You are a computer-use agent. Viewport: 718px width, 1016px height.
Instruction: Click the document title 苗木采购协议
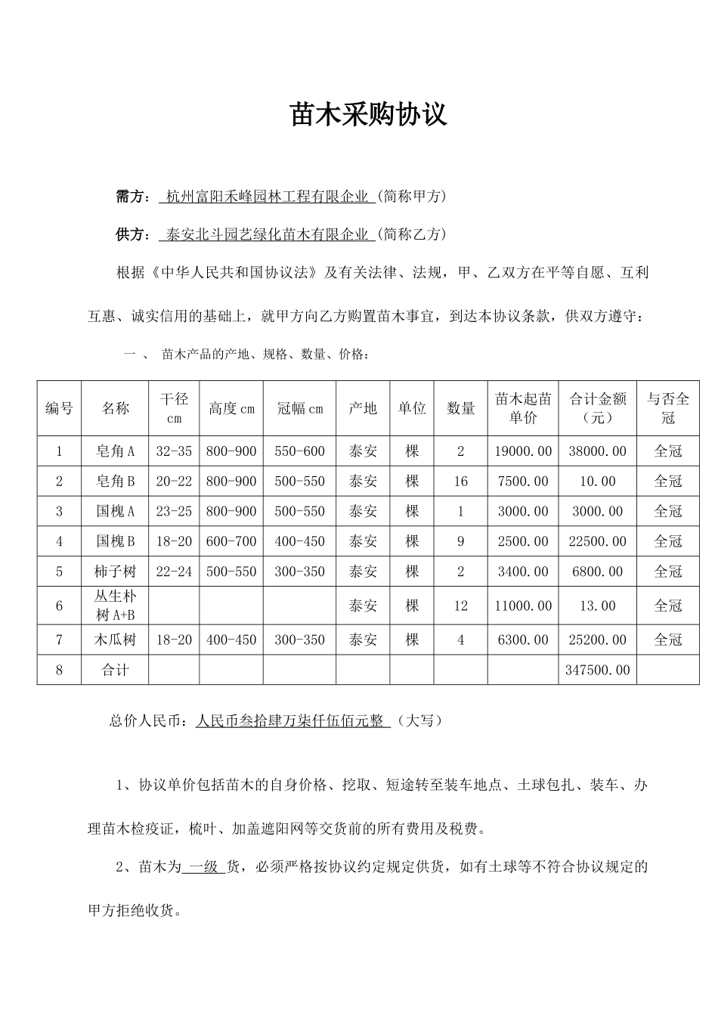click(x=369, y=114)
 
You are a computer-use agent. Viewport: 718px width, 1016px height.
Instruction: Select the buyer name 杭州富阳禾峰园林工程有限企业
click(x=267, y=197)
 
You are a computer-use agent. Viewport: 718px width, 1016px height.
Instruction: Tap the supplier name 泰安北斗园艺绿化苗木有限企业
click(x=267, y=234)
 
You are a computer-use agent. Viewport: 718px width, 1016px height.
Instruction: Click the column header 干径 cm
click(x=174, y=407)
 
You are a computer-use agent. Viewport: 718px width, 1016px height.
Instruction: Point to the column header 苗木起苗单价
click(x=523, y=407)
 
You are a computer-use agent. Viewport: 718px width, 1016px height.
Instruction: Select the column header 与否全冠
click(x=667, y=407)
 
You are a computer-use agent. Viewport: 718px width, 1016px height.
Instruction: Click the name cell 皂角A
click(x=115, y=451)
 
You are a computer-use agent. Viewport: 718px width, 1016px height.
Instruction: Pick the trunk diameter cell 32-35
click(x=174, y=451)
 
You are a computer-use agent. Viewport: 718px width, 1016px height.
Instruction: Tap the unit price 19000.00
click(x=523, y=451)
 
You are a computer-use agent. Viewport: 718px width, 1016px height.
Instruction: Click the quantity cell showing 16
click(x=461, y=482)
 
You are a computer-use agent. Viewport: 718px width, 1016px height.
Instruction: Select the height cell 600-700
click(x=231, y=541)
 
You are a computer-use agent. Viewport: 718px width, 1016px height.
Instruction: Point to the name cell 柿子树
click(x=115, y=571)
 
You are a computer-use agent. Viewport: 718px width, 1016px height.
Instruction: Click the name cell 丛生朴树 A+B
click(x=115, y=606)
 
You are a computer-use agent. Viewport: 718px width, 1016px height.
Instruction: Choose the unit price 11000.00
click(x=523, y=606)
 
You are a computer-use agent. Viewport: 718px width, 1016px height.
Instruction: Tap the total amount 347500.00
click(x=598, y=670)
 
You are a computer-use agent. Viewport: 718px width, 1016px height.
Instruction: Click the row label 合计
click(x=115, y=670)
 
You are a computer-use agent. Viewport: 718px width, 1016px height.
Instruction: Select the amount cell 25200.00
click(x=598, y=640)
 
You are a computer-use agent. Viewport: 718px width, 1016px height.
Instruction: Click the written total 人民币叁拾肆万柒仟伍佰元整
click(x=289, y=721)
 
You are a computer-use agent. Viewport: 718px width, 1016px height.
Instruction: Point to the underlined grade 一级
click(x=203, y=867)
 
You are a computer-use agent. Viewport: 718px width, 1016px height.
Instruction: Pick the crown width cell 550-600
click(x=299, y=451)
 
